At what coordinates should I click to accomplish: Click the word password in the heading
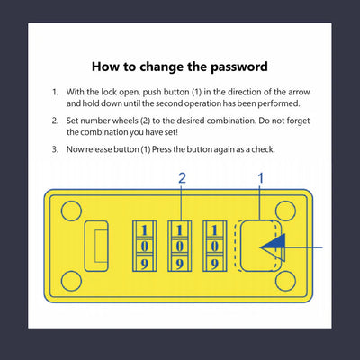pyautogui.click(x=239, y=67)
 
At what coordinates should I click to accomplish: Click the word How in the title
pyautogui.click(x=105, y=67)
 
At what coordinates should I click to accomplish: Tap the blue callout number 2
pyautogui.click(x=182, y=178)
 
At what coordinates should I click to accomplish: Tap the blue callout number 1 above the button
pyautogui.click(x=261, y=178)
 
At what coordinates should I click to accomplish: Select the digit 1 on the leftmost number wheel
pyautogui.click(x=145, y=230)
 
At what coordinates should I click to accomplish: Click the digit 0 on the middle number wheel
pyautogui.click(x=179, y=247)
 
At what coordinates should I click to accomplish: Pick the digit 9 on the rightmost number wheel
pyautogui.click(x=214, y=264)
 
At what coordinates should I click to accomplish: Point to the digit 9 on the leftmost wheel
pyautogui.click(x=145, y=264)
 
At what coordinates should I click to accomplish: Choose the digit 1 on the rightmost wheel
pyautogui.click(x=214, y=230)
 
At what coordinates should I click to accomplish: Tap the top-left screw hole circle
pyautogui.click(x=71, y=211)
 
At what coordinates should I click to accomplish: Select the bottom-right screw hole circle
pyautogui.click(x=285, y=281)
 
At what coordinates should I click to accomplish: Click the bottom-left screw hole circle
pyautogui.click(x=71, y=281)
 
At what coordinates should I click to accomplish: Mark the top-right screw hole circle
pyautogui.click(x=285, y=211)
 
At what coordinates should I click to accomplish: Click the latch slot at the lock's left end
pyautogui.click(x=96, y=246)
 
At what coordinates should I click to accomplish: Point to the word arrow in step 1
pyautogui.click(x=299, y=92)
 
